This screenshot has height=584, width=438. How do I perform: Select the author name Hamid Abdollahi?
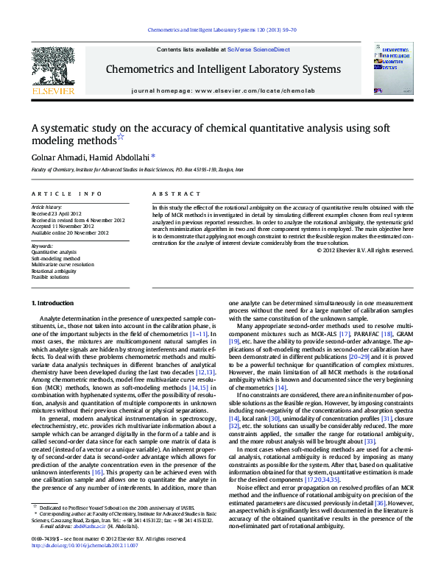[121, 157]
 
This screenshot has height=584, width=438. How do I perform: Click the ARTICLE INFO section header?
[66, 193]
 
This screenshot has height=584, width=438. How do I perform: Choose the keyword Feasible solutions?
[50, 277]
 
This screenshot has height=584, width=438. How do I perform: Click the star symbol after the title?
[121, 138]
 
